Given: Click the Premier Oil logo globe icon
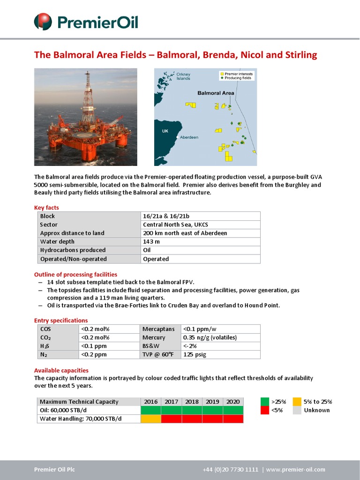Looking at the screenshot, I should (x=43, y=22).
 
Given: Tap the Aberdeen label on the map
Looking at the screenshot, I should (x=189, y=137).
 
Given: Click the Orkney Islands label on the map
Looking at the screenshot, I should (x=183, y=76).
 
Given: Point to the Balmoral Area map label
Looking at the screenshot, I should (x=216, y=93).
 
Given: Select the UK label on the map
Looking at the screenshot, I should (x=165, y=131).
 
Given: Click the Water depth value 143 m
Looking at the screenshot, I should (x=151, y=242).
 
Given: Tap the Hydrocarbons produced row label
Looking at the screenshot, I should (x=73, y=250).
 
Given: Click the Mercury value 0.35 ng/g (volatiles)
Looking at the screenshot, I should (x=210, y=337).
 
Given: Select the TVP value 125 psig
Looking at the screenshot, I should (x=195, y=354).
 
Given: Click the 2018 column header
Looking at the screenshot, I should (x=192, y=402).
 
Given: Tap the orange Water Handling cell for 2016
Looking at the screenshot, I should (x=150, y=419).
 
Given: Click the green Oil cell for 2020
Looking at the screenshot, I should (x=233, y=410).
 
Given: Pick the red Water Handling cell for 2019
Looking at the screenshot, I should (x=212, y=419).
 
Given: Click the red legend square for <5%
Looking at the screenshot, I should (x=265, y=410).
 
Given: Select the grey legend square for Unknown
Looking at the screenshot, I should (x=297, y=410).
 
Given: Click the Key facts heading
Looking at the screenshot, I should (x=46, y=208).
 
